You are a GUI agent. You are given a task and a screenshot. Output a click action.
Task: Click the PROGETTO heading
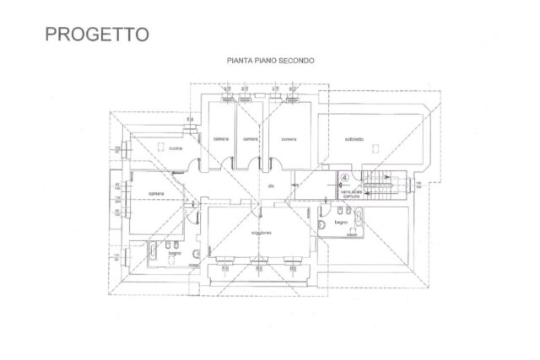click(x=96, y=34)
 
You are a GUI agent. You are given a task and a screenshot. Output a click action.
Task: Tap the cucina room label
click(x=176, y=148)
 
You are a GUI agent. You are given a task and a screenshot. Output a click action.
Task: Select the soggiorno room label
click(x=260, y=232)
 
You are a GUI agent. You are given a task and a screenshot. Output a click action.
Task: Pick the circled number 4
click(x=344, y=178)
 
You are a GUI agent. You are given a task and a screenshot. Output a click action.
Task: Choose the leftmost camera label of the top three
click(x=221, y=139)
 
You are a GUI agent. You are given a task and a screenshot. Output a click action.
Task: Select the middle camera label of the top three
click(x=249, y=139)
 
